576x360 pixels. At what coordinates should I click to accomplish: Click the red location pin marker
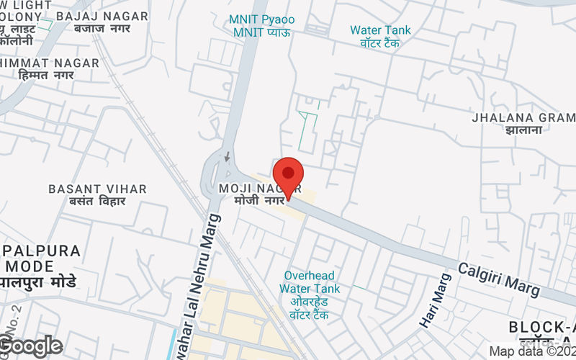point(288,175)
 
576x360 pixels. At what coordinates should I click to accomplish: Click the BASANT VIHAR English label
point(97,189)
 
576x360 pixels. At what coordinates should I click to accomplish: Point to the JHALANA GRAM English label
point(523,117)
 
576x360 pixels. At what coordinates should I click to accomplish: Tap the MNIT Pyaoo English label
point(262,19)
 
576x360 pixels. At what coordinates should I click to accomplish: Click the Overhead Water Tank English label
point(310,282)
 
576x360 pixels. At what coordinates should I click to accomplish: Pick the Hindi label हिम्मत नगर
point(46,76)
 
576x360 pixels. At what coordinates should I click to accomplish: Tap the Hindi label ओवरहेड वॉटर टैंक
point(310,308)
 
